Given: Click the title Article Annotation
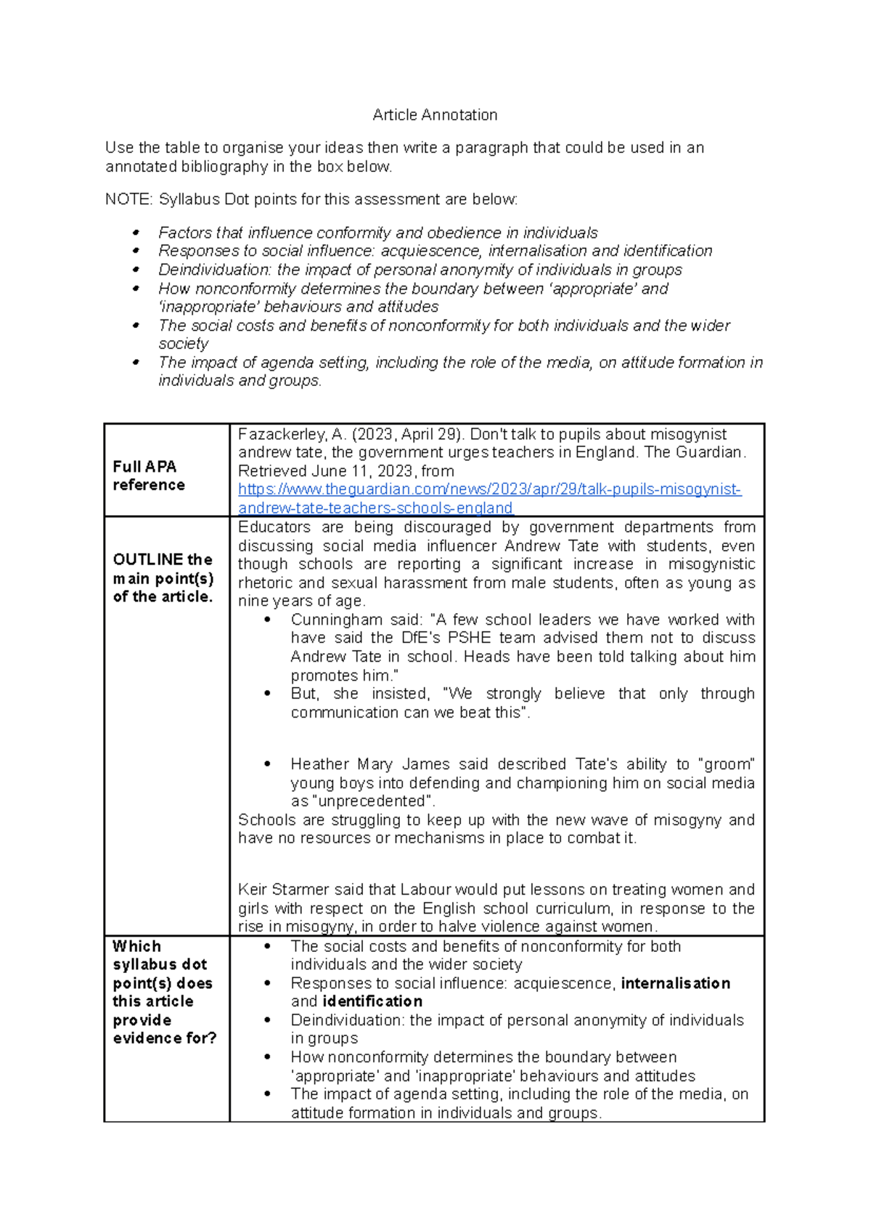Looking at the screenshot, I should [x=434, y=115].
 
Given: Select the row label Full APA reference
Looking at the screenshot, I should [x=149, y=475].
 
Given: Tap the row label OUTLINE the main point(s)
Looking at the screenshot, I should [x=163, y=578].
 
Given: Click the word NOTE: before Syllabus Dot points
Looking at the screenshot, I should [x=128, y=200].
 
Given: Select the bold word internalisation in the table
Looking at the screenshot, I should [x=675, y=983].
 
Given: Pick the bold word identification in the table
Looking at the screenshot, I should [x=372, y=1001].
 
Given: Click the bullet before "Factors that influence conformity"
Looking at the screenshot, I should [x=135, y=233].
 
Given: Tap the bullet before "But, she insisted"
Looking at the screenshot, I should [x=267, y=694].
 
